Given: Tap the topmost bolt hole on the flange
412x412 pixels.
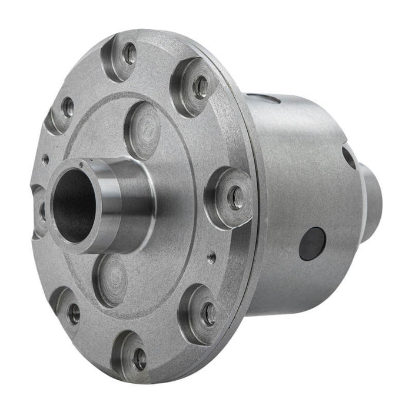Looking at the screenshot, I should click(x=129, y=55).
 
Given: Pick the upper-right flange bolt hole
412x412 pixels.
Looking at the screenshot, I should click(x=201, y=87).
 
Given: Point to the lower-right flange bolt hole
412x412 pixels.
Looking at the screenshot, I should click(x=209, y=314).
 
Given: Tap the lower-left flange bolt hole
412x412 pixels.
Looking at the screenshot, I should click(x=74, y=313).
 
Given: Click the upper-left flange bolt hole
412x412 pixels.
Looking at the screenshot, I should click(x=68, y=107).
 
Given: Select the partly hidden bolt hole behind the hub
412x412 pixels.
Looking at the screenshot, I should click(x=41, y=210).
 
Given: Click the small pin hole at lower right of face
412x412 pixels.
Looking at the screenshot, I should click(x=210, y=256).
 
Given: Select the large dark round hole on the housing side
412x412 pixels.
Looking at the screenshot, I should click(x=312, y=243).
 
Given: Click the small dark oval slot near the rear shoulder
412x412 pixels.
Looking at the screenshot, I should click(x=348, y=158).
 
